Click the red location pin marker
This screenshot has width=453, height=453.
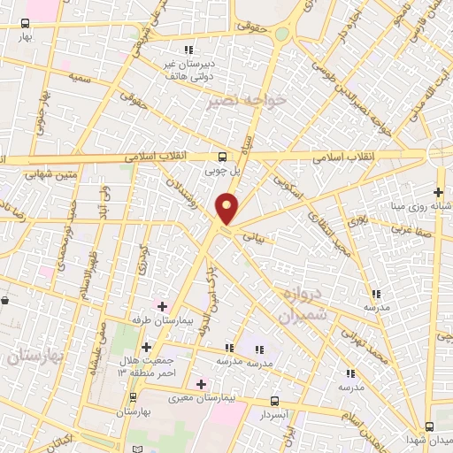(x=227, y=210)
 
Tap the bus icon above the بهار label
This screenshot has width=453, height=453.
(x=27, y=23)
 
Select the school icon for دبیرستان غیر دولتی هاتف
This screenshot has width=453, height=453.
(x=187, y=49)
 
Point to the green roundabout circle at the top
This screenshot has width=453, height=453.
(x=281, y=35)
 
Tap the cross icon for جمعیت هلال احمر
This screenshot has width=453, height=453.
(x=146, y=347)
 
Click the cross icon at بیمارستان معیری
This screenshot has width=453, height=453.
(x=202, y=384)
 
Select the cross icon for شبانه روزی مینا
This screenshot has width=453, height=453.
(x=438, y=191)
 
